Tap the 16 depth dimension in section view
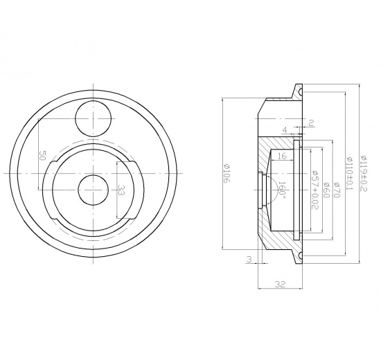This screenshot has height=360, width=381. click(x=282, y=157)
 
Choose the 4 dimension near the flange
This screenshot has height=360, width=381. click(x=285, y=129)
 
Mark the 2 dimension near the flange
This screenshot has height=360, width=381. click(x=311, y=123)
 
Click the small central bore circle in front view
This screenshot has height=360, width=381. click(x=92, y=189)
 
